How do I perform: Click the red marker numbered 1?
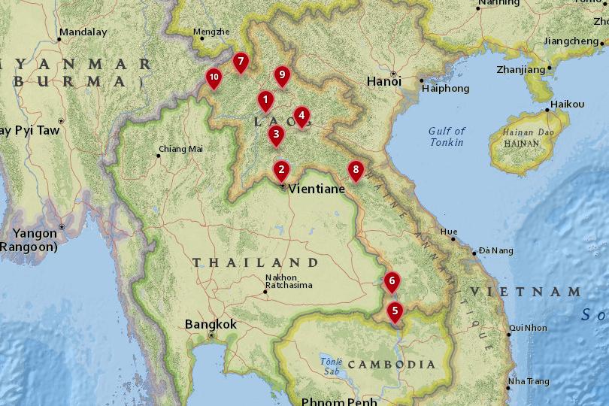[x=265, y=99]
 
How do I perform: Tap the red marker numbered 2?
[x=280, y=169]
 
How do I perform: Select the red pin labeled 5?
[x=395, y=309]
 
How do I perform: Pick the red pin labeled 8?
[x=356, y=169]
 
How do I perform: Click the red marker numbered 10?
[x=214, y=77]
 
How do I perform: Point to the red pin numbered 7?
[x=240, y=61]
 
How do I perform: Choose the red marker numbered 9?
[x=282, y=74]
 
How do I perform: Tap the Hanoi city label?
[x=383, y=81]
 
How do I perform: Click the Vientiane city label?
[x=317, y=189]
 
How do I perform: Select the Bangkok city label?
[x=211, y=324]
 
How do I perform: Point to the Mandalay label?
[x=83, y=32]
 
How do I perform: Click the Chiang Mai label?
[x=180, y=149]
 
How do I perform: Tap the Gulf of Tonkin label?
[x=447, y=137]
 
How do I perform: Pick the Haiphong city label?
[x=446, y=89]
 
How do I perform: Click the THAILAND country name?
[x=256, y=262]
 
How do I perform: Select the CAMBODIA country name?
[x=391, y=365]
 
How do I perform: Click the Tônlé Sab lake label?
[x=332, y=366]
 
